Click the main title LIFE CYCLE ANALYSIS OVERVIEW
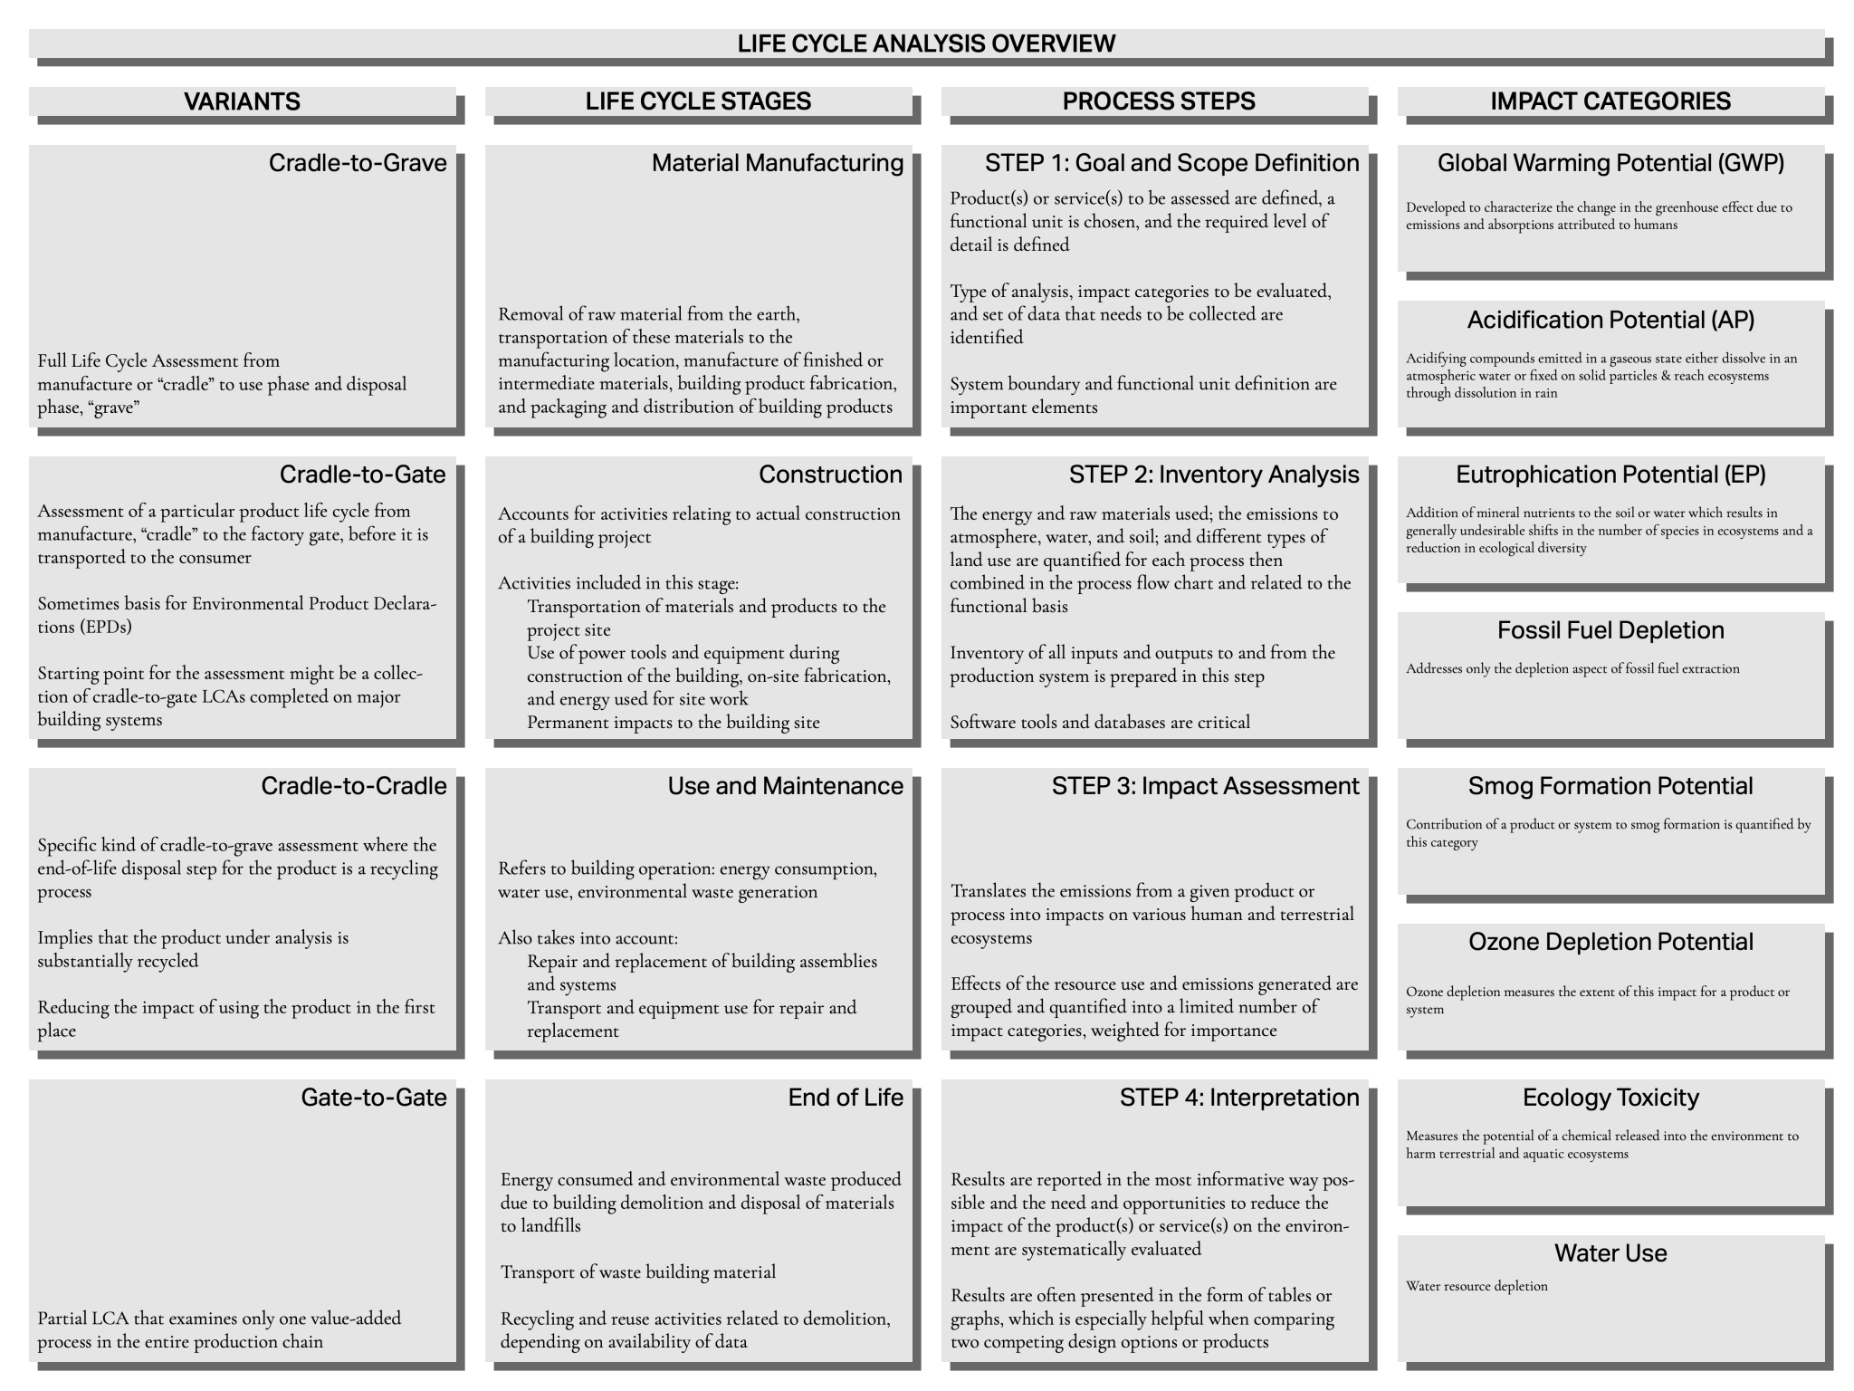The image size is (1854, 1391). (x=926, y=43)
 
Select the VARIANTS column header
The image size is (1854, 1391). (x=242, y=101)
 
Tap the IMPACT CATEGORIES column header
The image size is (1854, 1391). (x=1610, y=101)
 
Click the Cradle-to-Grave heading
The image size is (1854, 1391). (x=358, y=163)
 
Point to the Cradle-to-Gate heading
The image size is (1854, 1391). (x=362, y=475)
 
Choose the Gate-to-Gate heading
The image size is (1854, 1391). (x=373, y=1098)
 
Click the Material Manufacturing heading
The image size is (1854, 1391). (x=777, y=163)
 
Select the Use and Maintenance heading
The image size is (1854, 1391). (x=785, y=786)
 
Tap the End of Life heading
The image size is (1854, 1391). (x=845, y=1098)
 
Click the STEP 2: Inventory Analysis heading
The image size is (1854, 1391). (x=1213, y=475)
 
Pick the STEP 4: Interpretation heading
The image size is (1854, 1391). (x=1238, y=1098)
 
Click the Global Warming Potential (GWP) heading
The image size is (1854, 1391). (x=1610, y=163)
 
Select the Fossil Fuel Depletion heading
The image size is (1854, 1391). (x=1610, y=630)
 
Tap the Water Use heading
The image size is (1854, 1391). (x=1610, y=1253)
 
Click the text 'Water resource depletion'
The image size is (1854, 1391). (x=1477, y=1286)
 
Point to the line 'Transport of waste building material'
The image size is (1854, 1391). (x=638, y=1272)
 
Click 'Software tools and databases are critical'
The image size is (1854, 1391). (x=1100, y=723)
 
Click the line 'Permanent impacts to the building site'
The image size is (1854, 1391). (x=673, y=723)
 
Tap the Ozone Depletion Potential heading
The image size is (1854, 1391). (x=1610, y=942)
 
